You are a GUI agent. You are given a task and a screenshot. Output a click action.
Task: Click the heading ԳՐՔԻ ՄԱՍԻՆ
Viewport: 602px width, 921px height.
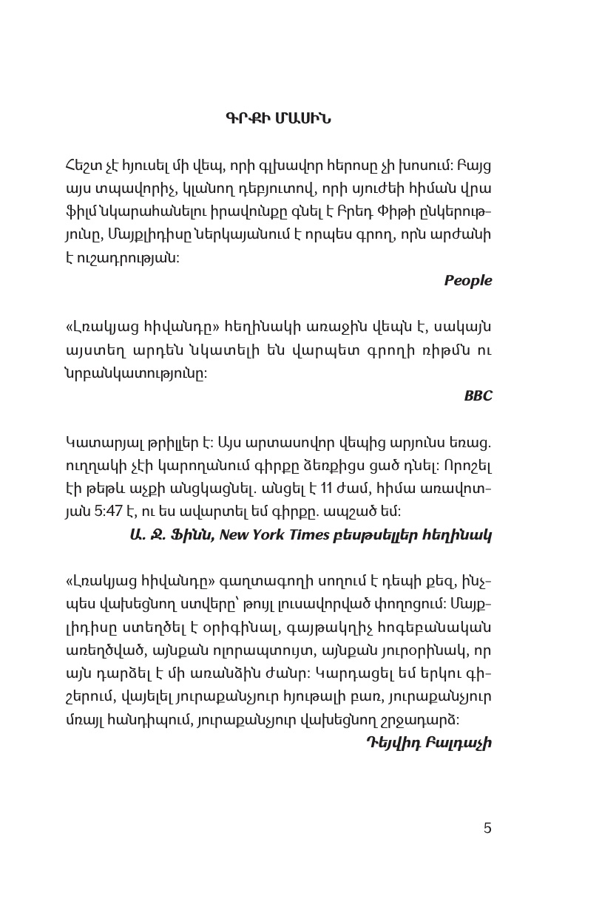click(278, 119)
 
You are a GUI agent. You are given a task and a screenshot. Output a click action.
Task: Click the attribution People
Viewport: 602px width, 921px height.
click(467, 281)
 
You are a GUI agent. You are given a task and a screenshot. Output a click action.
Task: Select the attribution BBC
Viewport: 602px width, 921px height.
click(478, 396)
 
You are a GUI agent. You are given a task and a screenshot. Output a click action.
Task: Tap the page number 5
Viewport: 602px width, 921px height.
click(487, 828)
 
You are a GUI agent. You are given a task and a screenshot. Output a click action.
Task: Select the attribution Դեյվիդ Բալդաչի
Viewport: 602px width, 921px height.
click(429, 742)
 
